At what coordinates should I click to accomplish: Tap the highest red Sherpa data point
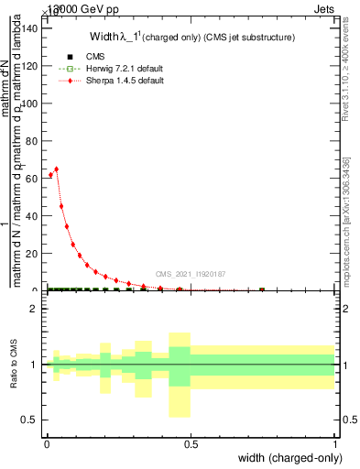57,169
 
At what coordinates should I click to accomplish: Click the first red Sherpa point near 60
50,175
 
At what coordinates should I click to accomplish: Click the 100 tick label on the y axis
32,103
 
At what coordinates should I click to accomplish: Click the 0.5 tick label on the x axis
191,445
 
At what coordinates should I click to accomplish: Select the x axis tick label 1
335,445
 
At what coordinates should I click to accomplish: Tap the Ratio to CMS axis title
15,365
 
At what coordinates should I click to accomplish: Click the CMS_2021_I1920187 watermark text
191,273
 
